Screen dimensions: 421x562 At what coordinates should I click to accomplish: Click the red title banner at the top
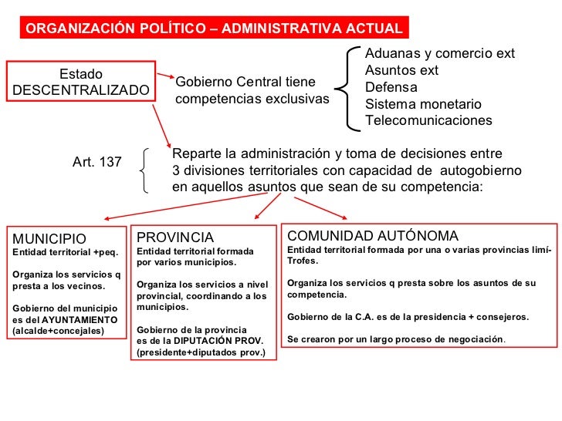coord(214,29)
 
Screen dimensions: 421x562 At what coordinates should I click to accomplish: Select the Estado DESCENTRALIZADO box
coord(81,83)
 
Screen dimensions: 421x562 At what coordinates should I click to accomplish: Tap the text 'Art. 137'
coord(97,162)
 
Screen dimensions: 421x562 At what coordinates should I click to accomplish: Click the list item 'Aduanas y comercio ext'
coord(439,54)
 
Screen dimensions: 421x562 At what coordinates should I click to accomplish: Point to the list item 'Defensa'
coord(391,87)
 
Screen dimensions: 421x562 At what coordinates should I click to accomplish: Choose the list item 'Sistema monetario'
coord(423,104)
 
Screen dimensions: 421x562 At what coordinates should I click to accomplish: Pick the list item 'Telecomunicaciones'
coord(428,121)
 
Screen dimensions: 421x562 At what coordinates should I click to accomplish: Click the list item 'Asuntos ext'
coord(401,71)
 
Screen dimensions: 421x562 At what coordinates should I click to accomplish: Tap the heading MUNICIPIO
coord(49,238)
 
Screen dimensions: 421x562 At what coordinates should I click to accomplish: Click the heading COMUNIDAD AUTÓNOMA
coord(372,236)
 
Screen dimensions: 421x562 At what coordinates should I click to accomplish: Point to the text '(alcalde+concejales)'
coord(57,332)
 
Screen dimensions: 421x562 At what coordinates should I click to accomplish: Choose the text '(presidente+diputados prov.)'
coord(200,353)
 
